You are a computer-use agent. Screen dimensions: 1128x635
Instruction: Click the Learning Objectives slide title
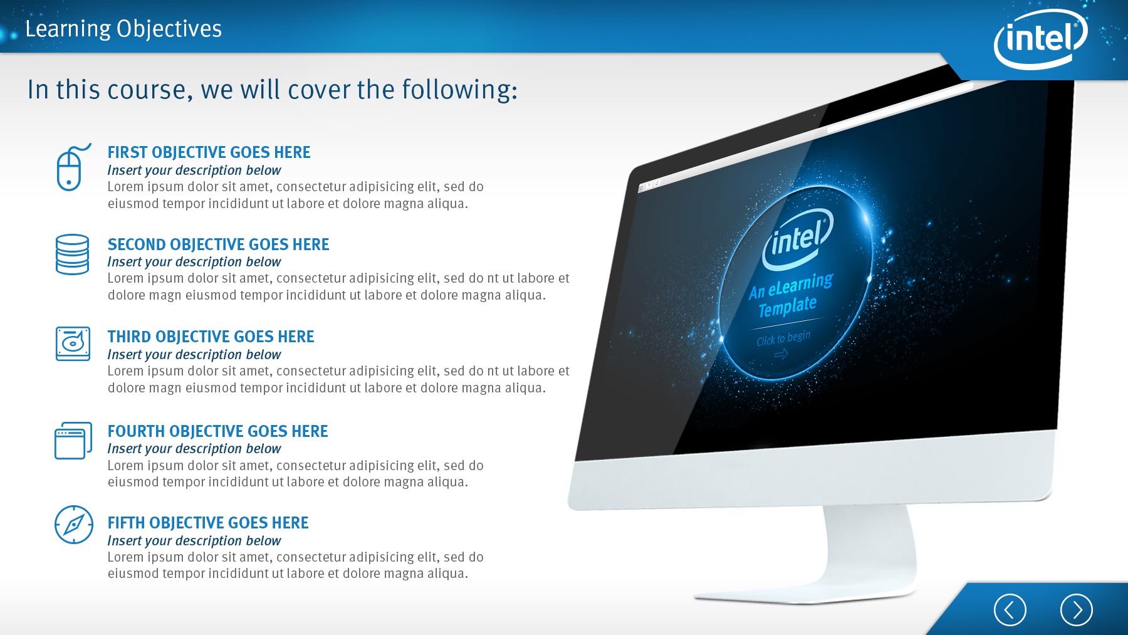(123, 29)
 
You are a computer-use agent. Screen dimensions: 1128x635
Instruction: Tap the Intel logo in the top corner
(1041, 39)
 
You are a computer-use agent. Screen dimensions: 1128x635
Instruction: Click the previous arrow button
(1010, 609)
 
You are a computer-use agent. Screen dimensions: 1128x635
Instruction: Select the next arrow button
(1076, 609)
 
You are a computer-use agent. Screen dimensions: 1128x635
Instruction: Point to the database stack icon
(72, 255)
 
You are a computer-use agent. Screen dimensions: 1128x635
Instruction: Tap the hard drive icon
(73, 344)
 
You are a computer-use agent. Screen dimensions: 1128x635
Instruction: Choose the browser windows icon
(73, 440)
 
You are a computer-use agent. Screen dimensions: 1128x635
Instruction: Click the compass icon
(74, 525)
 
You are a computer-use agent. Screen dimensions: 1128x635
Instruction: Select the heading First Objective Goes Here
(209, 152)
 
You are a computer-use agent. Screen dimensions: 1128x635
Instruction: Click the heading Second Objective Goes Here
(218, 244)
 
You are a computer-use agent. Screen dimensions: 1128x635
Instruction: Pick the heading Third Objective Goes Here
(211, 337)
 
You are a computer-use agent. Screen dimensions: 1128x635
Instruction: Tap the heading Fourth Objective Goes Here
(217, 431)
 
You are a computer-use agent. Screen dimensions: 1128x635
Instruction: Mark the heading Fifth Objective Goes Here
(208, 523)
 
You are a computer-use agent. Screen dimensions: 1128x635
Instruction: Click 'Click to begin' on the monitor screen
(783, 339)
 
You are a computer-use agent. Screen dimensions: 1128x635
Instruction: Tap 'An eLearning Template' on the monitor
(790, 295)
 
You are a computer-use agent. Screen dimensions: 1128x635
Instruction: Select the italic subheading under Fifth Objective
(194, 540)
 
